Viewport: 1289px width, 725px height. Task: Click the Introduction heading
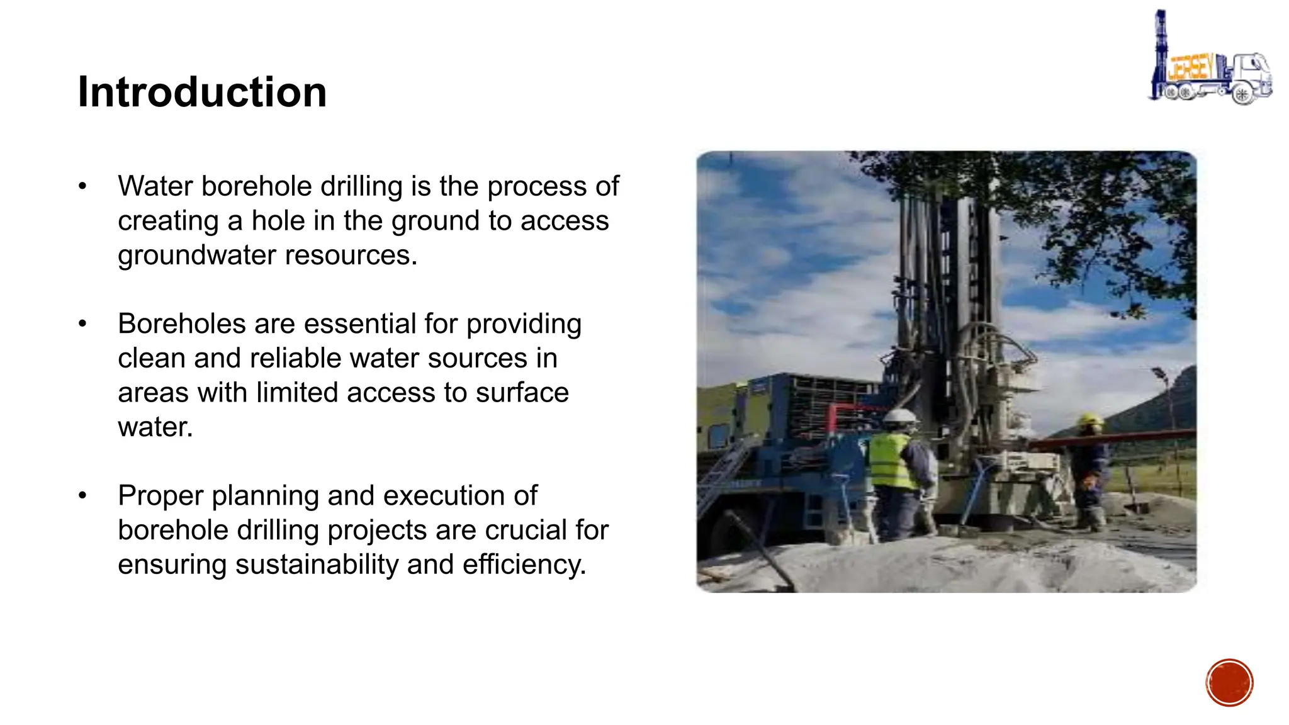click(x=202, y=93)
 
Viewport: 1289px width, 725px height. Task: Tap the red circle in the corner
click(x=1229, y=683)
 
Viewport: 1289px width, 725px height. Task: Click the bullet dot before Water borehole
click(x=82, y=187)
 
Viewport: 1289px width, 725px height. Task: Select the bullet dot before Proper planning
click(x=82, y=496)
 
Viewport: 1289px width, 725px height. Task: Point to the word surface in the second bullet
click(x=522, y=393)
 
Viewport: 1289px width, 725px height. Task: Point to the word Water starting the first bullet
click(x=155, y=187)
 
